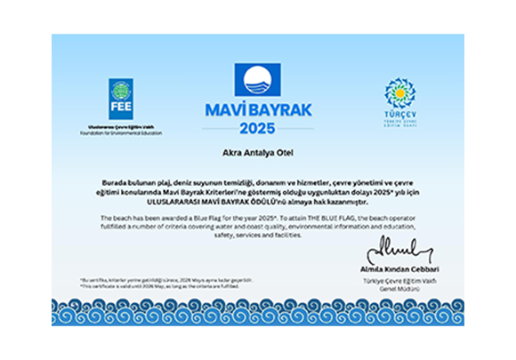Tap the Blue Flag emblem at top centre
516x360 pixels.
point(258,81)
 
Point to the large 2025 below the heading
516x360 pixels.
point(258,130)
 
